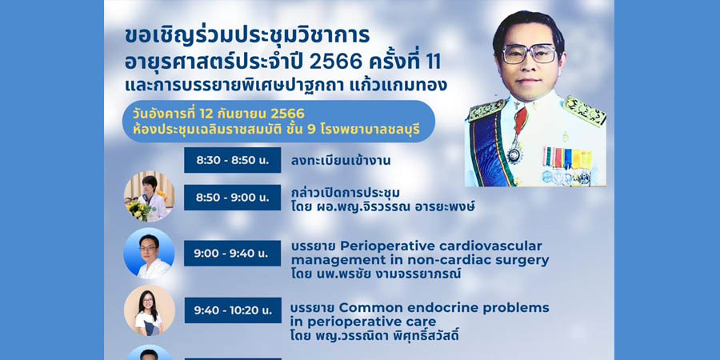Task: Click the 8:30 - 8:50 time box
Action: tap(232, 160)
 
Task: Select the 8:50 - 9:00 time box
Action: tap(232, 198)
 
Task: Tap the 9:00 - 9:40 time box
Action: tap(232, 254)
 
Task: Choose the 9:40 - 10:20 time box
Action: tap(232, 310)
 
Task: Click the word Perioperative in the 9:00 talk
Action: tap(382, 246)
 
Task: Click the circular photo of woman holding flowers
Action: tap(149, 196)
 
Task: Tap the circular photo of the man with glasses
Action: tap(149, 253)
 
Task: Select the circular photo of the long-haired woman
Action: tap(149, 310)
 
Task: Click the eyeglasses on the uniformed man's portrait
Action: tap(529, 54)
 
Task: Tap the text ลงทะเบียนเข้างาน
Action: tap(341, 161)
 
